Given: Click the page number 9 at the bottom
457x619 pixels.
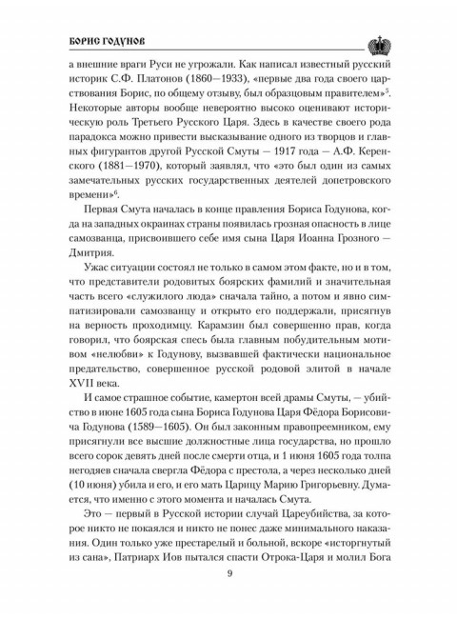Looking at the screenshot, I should tap(228, 571).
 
